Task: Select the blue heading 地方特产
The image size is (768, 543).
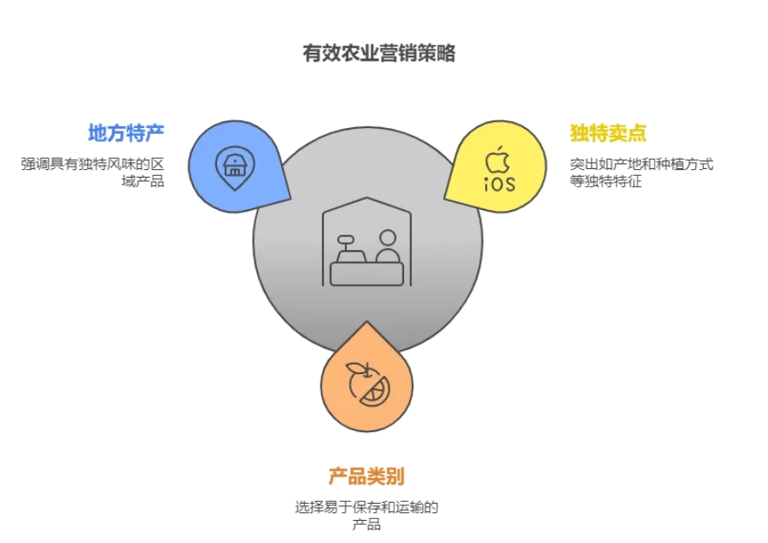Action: [126, 133]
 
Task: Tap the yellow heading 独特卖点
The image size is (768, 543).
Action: [607, 133]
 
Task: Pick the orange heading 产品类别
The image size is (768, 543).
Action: [366, 476]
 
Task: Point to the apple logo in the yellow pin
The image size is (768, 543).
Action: [498, 159]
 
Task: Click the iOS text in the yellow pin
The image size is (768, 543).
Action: [499, 184]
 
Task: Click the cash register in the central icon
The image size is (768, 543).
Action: [348, 248]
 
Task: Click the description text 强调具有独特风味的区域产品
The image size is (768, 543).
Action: [92, 172]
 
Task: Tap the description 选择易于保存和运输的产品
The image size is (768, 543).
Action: [366, 516]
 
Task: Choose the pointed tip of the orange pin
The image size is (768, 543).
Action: [366, 324]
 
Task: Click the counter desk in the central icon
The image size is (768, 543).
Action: [366, 274]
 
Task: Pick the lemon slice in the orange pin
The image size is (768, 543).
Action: [375, 394]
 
